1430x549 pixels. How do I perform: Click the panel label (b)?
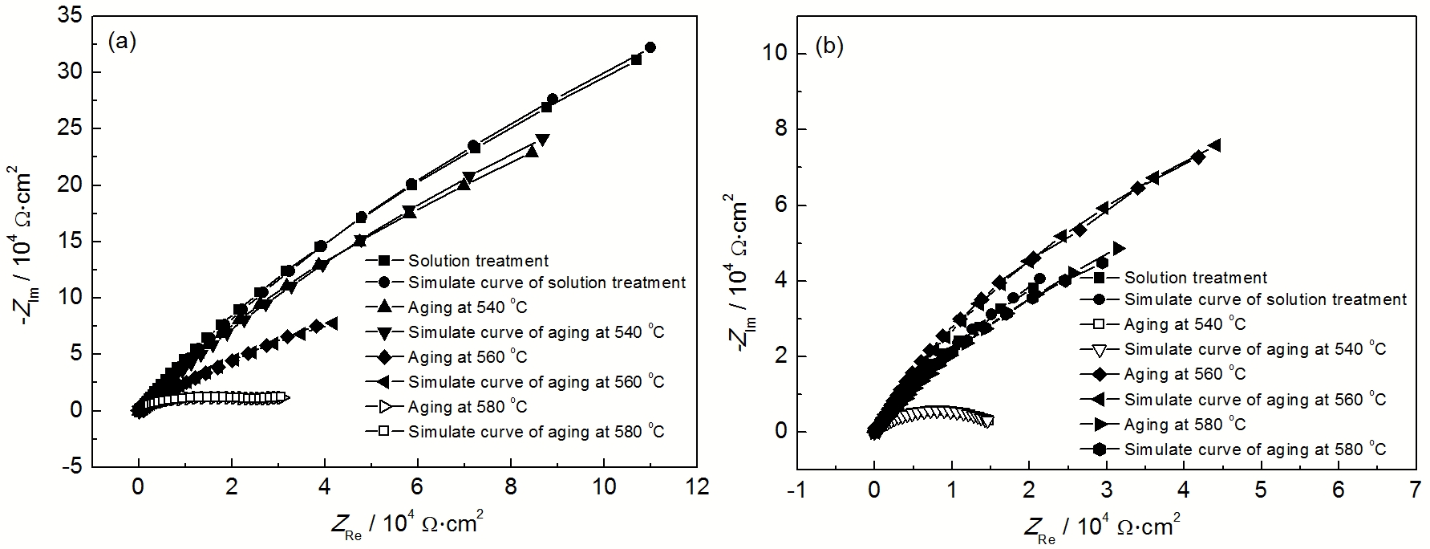point(828,47)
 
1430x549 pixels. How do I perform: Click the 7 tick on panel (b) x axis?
point(1415,489)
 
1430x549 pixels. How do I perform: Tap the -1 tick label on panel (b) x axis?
point(796,489)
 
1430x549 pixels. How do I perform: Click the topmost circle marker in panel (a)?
point(650,48)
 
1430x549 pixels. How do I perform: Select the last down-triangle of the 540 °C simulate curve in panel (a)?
point(543,140)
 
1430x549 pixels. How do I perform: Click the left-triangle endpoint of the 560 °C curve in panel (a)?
point(332,323)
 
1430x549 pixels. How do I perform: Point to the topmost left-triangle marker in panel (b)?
point(1215,145)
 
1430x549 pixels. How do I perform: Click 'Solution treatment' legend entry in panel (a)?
point(478,261)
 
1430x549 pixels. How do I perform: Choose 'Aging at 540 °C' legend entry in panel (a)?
point(468,307)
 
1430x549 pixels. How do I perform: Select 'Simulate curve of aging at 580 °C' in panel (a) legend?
point(536,432)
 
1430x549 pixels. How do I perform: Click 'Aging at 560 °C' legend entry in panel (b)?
point(1185,374)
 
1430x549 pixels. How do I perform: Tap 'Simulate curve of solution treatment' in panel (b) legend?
point(1265,299)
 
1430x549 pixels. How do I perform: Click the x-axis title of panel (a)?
point(407,524)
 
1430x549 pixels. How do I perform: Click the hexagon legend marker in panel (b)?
point(1102,449)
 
